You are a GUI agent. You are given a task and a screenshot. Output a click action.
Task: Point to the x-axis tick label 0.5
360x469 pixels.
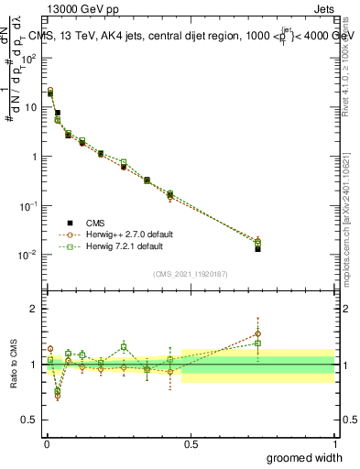[x=191, y=443]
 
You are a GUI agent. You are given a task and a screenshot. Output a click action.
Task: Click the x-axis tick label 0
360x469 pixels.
[x=47, y=443]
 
